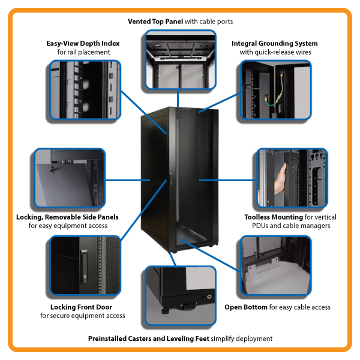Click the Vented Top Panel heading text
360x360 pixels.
pos(155,22)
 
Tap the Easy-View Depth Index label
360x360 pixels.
pos(83,44)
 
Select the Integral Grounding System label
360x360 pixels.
pos(275,44)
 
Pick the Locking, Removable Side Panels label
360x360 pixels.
pos(67,217)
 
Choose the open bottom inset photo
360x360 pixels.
pos(275,267)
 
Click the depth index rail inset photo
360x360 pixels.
pos(83,89)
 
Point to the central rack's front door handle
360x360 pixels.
pos(170,178)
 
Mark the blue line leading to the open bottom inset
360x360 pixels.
pos(209,251)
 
